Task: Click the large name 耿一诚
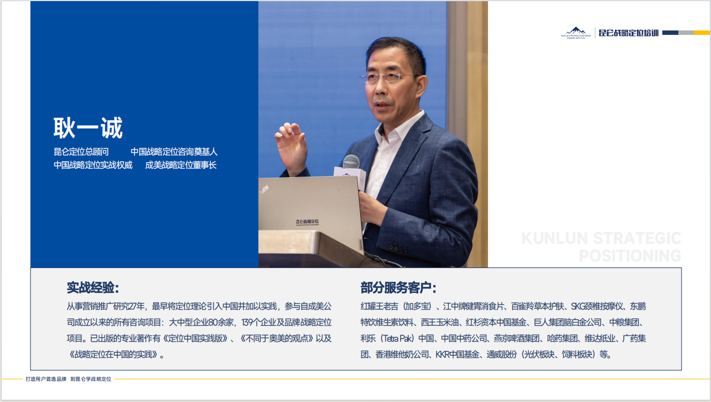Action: coord(88,128)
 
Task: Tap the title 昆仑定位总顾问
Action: coord(81,152)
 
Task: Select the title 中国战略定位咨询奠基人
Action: coord(174,152)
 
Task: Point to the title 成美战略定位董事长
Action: coord(180,165)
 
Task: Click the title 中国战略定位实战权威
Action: coord(93,165)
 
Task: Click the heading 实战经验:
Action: coord(93,288)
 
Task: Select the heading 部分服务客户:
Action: coord(398,288)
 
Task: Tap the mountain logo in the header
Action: coord(576,33)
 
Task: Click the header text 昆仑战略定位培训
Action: coord(629,33)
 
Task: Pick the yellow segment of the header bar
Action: coord(702,33)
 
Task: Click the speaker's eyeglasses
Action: coord(388,76)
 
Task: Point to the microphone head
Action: coord(351,162)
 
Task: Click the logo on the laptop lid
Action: coord(307,222)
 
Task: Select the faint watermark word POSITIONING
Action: coord(630,256)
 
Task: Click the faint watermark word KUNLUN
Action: coord(554,238)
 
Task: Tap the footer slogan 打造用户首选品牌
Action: coord(46,379)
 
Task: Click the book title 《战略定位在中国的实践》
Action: coord(113,354)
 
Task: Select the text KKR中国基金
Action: coord(457,354)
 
